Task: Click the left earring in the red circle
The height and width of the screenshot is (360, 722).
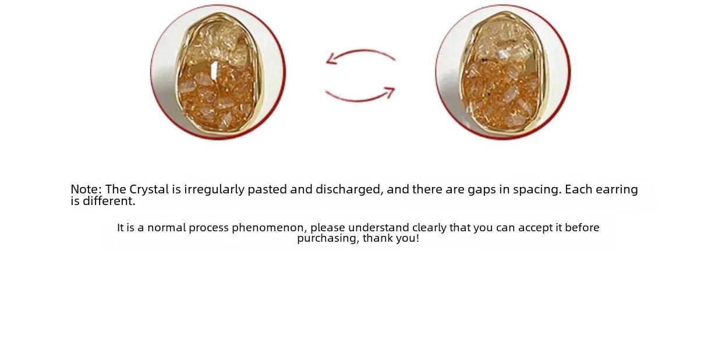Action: (219, 72)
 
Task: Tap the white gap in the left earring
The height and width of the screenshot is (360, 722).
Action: (214, 70)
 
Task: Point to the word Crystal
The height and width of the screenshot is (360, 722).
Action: (149, 189)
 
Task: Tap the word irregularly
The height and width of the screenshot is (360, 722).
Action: (214, 190)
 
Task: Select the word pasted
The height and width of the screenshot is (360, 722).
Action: (267, 190)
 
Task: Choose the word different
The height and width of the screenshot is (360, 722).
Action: (109, 202)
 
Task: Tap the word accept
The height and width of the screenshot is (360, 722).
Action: (535, 228)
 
